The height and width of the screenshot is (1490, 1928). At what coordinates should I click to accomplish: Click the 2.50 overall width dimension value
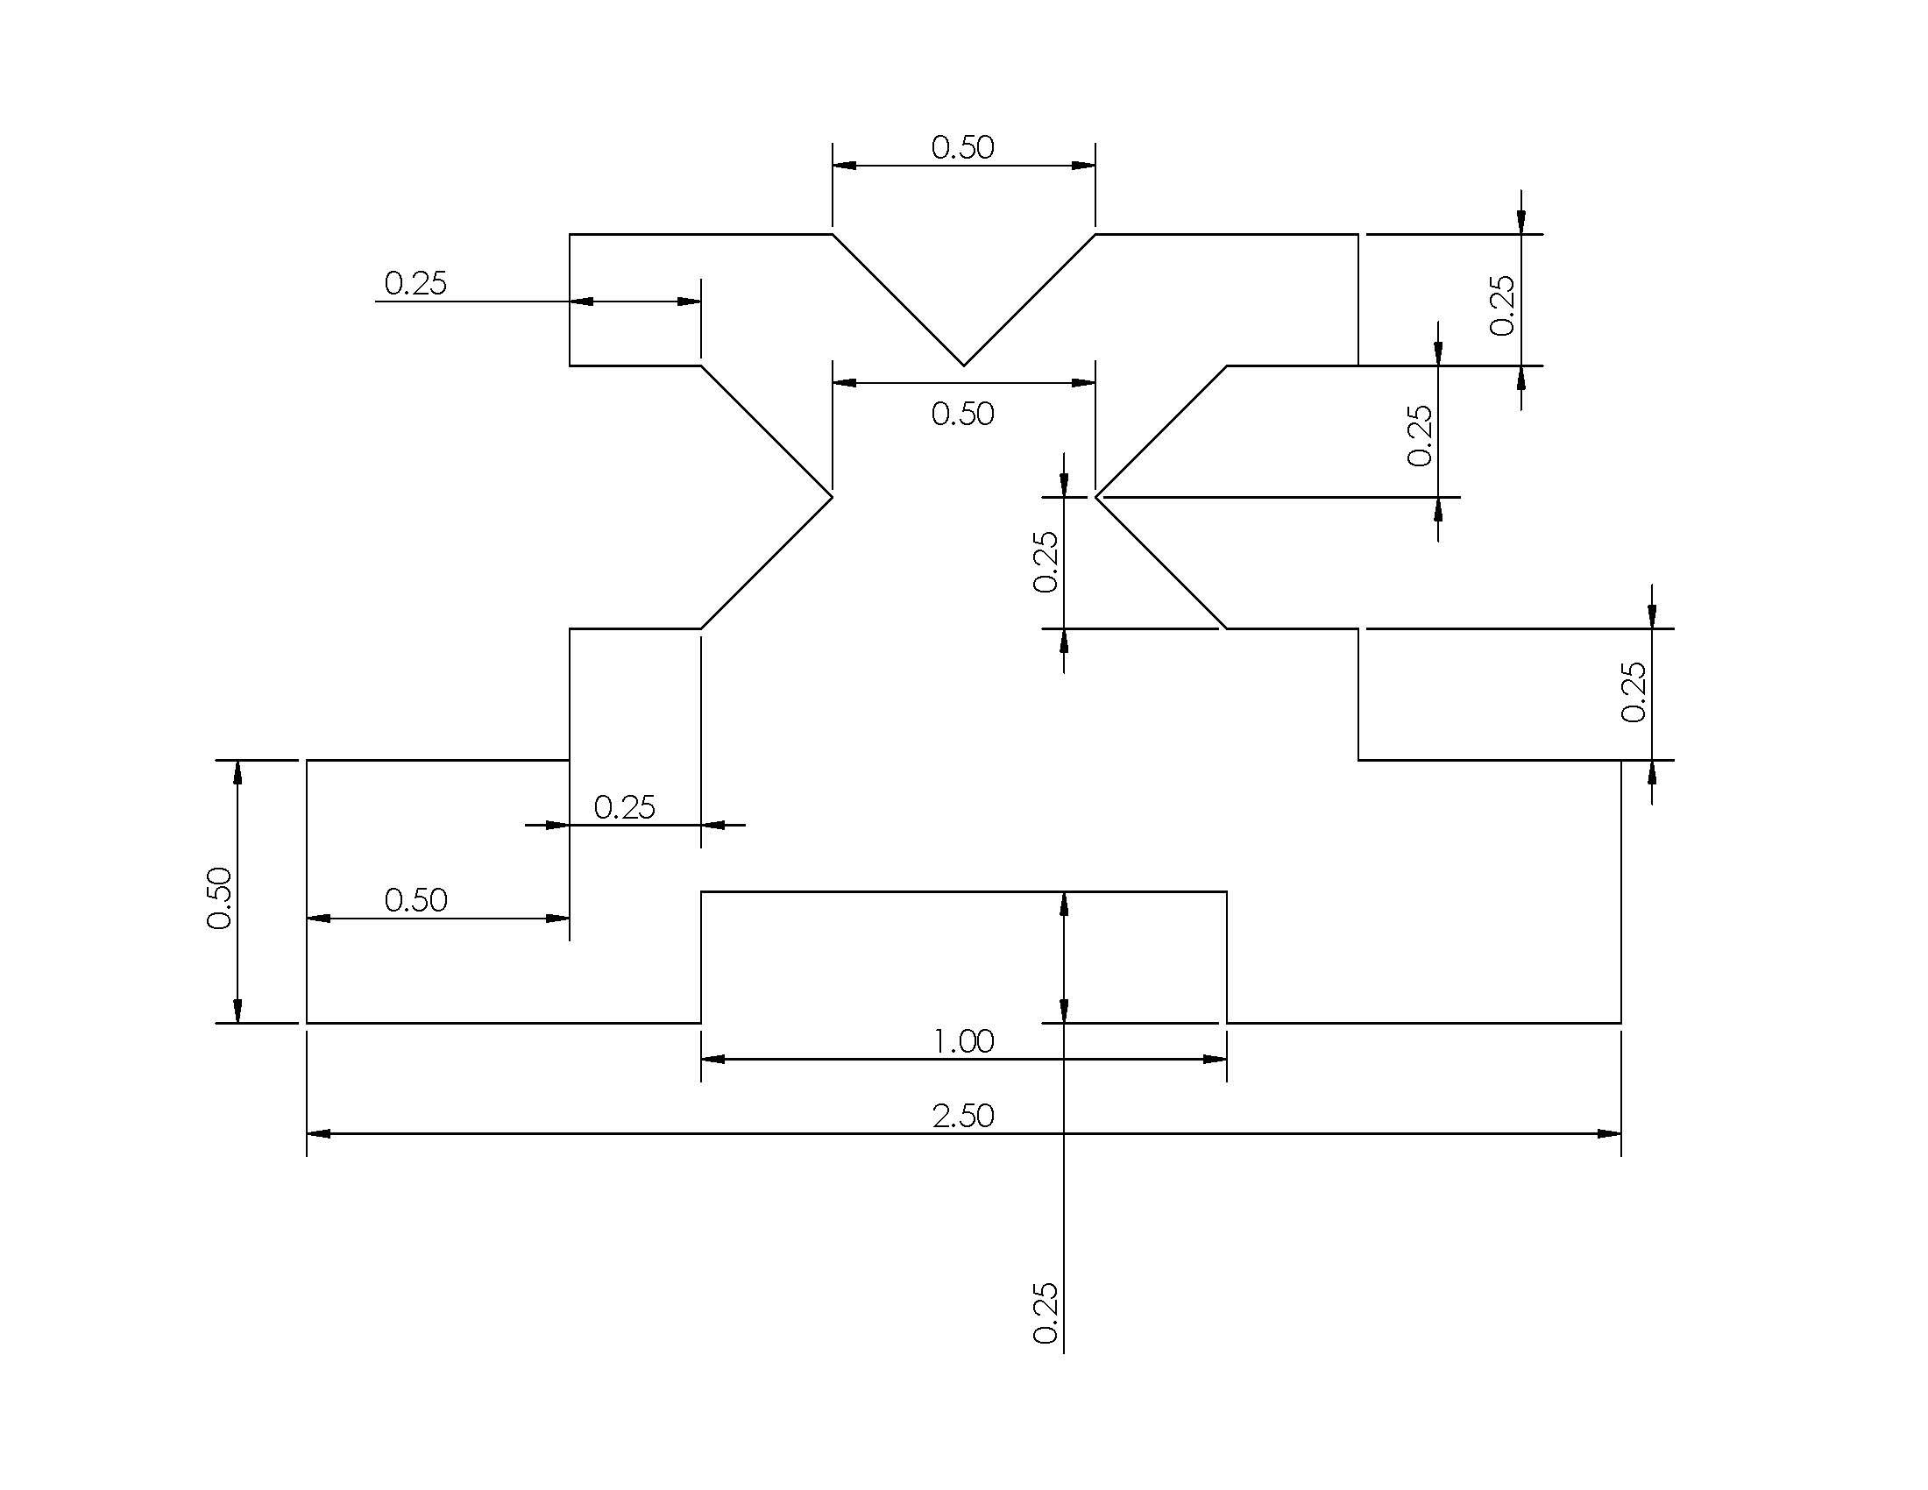click(963, 1116)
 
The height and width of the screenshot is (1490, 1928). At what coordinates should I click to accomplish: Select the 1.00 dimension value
click(963, 1041)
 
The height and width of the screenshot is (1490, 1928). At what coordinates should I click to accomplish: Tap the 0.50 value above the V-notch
click(962, 147)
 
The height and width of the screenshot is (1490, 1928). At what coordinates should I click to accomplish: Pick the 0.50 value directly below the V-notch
click(962, 414)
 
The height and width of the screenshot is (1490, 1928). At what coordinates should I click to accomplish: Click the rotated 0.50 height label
click(219, 898)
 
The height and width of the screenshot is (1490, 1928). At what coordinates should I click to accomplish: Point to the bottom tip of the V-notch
click(963, 365)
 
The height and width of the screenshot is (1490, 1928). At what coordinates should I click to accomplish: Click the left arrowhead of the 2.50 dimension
click(318, 1133)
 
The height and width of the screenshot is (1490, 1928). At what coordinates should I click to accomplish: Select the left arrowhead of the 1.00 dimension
click(712, 1060)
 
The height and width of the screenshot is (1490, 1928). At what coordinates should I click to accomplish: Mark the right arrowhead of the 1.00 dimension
click(1216, 1060)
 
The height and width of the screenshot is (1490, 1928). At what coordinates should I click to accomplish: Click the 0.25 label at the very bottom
click(1046, 1314)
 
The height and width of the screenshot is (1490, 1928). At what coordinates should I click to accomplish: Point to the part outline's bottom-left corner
click(307, 1023)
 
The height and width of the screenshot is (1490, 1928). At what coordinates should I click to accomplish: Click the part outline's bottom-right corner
click(1620, 1023)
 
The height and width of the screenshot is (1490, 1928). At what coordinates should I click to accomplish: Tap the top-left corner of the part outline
click(570, 234)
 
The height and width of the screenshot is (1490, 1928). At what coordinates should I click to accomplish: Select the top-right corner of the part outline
click(1357, 234)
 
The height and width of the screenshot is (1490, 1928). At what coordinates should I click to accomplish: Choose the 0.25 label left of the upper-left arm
click(415, 283)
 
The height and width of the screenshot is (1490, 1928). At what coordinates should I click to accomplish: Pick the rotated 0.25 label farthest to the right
click(1634, 692)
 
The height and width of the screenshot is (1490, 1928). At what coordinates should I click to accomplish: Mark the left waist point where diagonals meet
click(832, 497)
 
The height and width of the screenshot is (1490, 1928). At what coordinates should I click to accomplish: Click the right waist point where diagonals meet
click(1095, 497)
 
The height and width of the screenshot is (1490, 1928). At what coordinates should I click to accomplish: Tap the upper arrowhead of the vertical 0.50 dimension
click(237, 770)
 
